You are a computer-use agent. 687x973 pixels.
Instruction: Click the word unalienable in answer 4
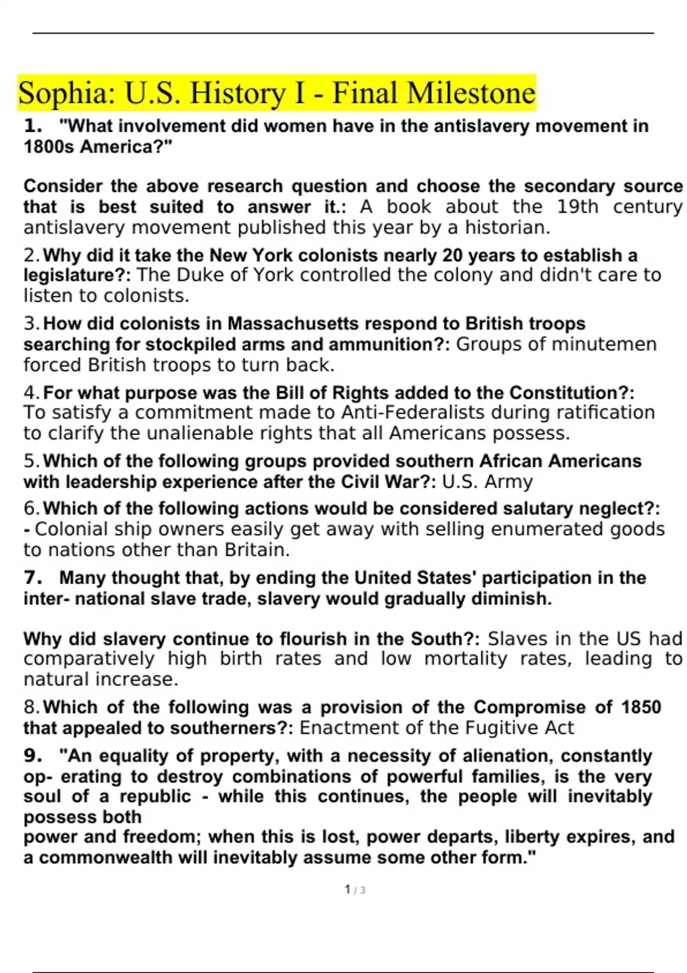point(206,433)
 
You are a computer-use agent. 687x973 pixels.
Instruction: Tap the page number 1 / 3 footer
point(355,890)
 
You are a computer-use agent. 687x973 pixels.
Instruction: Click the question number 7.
point(33,578)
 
